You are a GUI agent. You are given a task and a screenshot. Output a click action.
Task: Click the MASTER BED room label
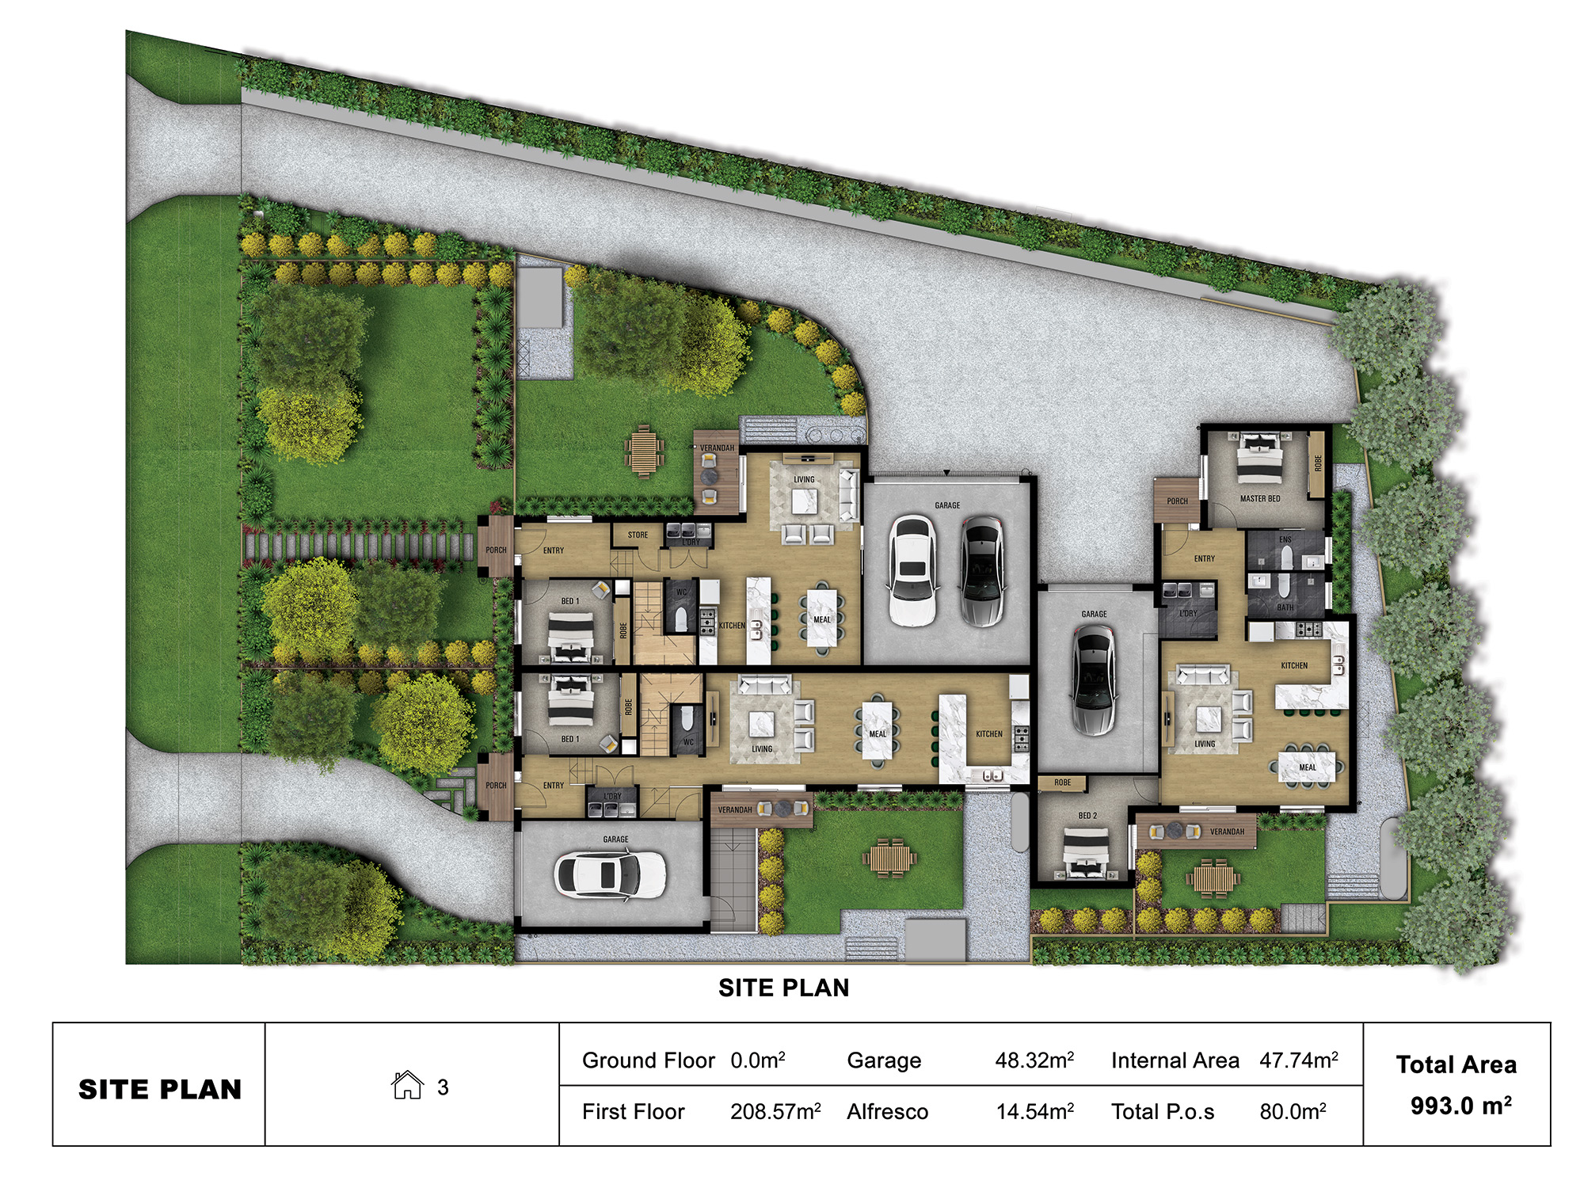[x=1260, y=499]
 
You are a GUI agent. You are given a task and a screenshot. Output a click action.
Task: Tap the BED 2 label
[x=1087, y=816]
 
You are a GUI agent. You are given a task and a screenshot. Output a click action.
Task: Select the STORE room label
[x=638, y=535]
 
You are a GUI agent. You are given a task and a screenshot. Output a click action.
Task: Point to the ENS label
[x=1285, y=540]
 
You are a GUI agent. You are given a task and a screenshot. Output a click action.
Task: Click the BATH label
[x=1285, y=607]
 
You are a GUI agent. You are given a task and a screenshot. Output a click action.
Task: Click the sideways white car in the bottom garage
[x=610, y=874]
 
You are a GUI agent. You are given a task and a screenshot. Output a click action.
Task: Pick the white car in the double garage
[x=912, y=570]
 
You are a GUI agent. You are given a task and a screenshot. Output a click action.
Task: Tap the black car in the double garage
[x=982, y=570]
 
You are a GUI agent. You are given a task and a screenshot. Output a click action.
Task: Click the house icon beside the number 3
[x=407, y=1085]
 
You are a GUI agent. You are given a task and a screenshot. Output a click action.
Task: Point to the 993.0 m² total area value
[x=1460, y=1106]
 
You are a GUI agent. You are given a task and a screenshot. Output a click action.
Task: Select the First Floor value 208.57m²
[x=775, y=1112]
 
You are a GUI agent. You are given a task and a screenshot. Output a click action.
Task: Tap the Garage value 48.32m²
[x=1034, y=1060]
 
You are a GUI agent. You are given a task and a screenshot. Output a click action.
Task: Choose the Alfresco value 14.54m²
[x=1034, y=1112]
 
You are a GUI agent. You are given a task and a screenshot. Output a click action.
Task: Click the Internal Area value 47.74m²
[x=1299, y=1060]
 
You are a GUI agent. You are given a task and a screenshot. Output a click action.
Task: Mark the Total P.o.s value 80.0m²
[x=1293, y=1112]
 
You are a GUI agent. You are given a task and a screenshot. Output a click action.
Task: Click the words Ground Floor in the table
[x=648, y=1060]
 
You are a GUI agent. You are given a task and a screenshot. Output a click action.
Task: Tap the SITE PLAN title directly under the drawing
[x=783, y=988]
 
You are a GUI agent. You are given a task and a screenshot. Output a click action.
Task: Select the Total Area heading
[x=1456, y=1065]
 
